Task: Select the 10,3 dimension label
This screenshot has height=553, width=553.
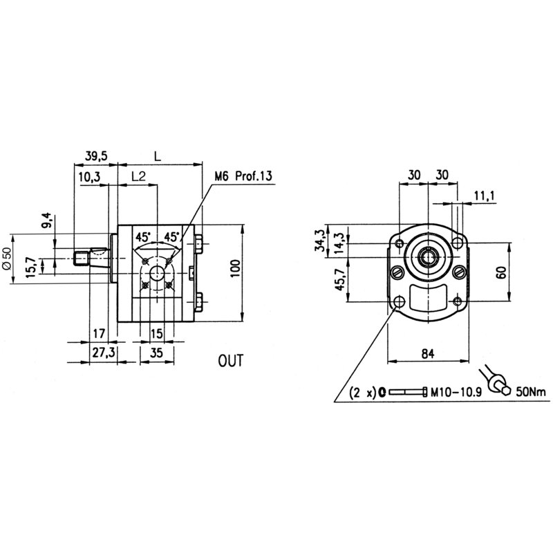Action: point(89,178)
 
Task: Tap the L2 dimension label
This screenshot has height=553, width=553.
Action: point(138,178)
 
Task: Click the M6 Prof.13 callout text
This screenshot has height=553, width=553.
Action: point(243,176)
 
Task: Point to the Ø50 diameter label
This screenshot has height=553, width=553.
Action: point(8,257)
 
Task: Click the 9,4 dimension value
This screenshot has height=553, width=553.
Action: point(47,222)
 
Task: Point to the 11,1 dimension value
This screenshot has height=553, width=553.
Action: point(485,197)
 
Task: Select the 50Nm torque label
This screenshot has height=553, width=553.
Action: point(530,393)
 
